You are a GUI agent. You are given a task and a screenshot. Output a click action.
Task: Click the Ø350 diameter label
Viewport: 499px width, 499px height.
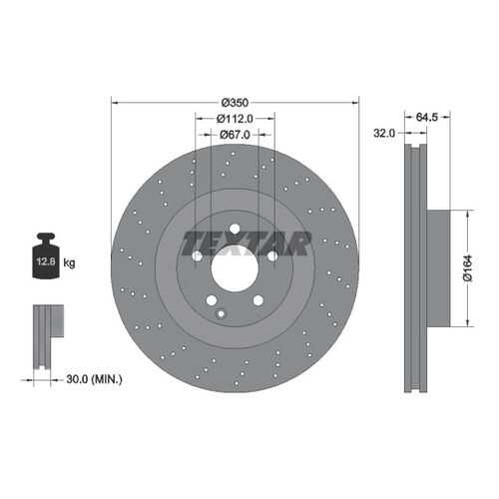[235, 103]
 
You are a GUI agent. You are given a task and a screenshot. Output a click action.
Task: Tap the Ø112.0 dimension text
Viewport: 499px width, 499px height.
[235, 119]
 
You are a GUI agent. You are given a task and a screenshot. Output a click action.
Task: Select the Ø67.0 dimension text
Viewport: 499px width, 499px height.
[235, 135]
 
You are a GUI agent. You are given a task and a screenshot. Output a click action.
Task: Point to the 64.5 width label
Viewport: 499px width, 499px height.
[427, 117]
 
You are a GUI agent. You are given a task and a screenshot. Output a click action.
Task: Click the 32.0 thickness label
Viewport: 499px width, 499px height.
[384, 133]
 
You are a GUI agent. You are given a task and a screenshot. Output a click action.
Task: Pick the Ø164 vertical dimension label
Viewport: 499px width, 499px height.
[468, 268]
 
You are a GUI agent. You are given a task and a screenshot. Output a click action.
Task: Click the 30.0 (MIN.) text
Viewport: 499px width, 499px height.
[94, 379]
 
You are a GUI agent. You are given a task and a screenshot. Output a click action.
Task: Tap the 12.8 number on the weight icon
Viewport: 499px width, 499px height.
[46, 261]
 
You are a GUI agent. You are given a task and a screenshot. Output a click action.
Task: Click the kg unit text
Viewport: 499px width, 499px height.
[69, 263]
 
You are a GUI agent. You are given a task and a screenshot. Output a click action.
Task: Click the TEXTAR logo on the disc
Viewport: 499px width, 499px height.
[247, 244]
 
